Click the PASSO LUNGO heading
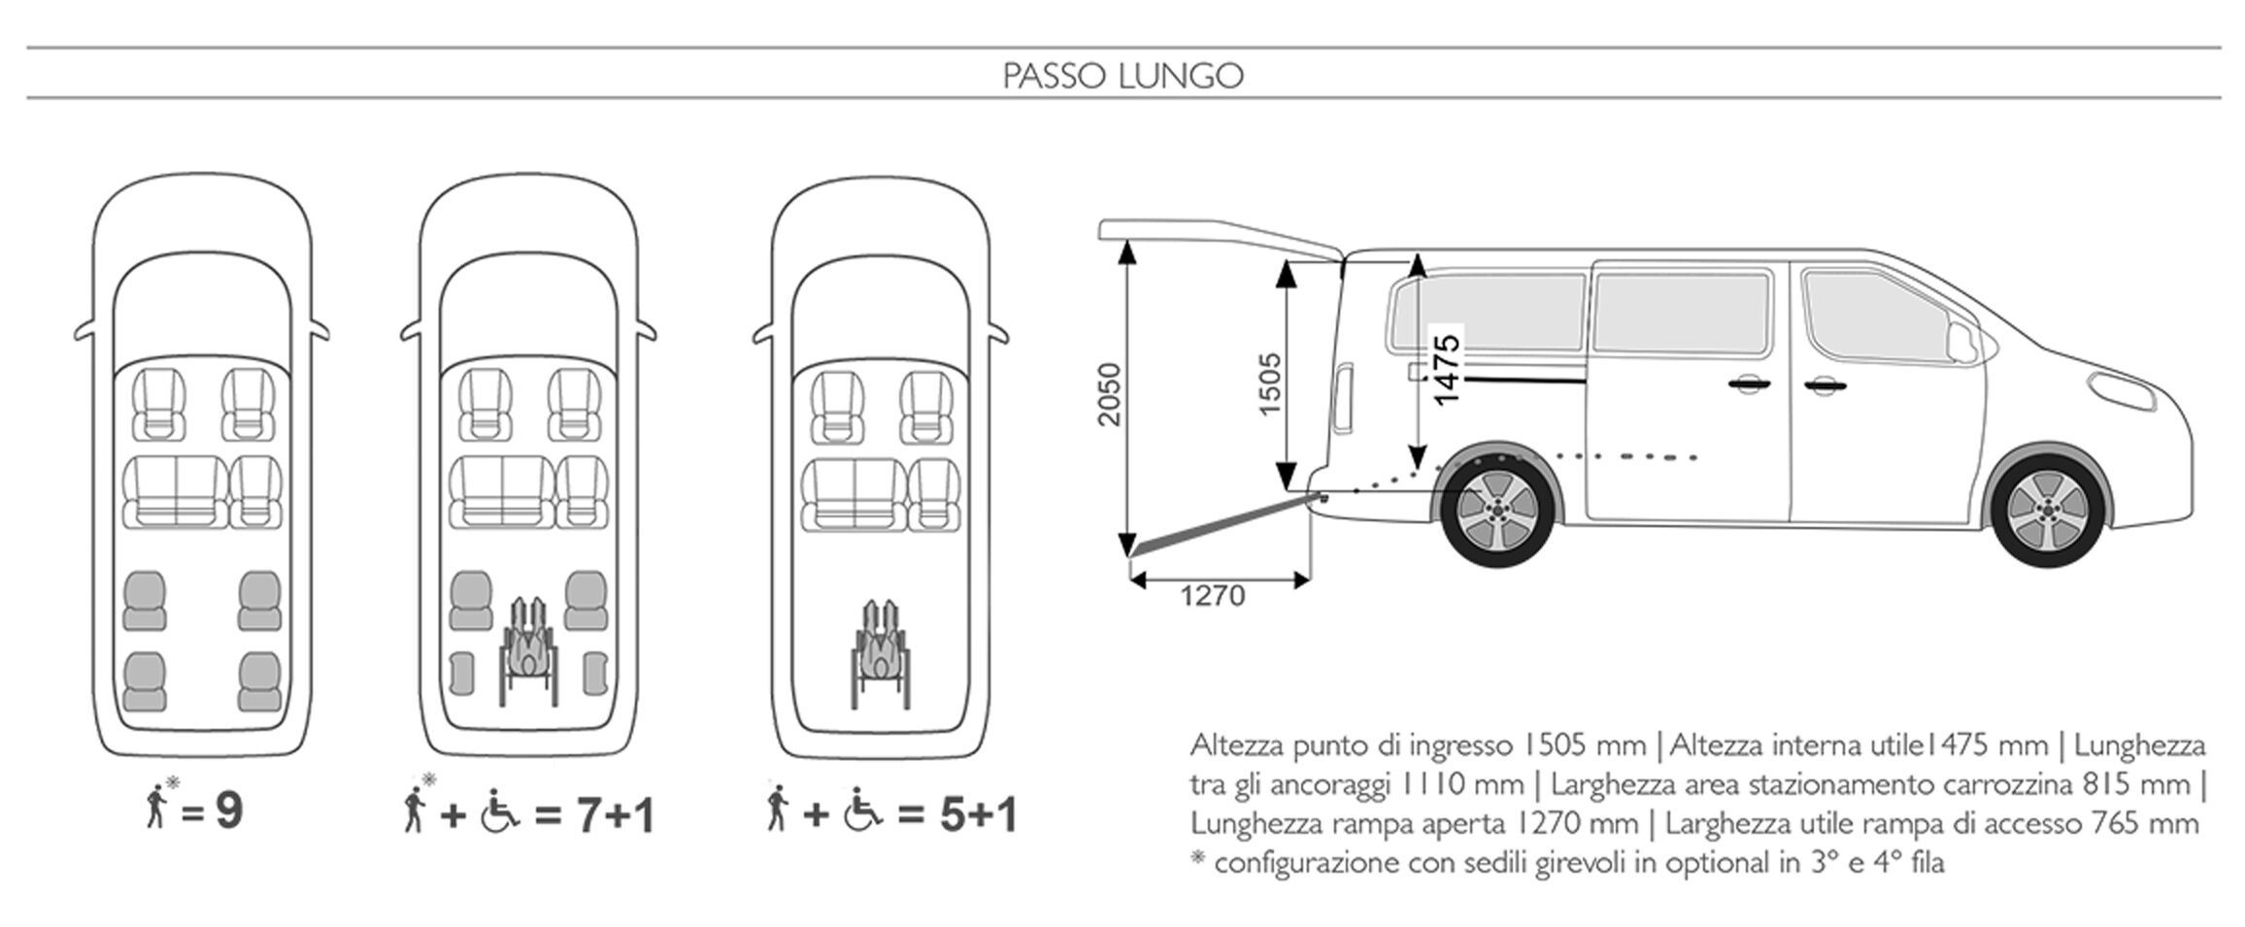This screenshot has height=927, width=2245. point(1122,76)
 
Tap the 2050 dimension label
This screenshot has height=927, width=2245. point(1109,394)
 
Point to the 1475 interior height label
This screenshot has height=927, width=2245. point(1446,370)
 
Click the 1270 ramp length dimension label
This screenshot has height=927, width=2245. point(1212,595)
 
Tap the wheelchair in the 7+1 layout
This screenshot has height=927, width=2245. point(529,648)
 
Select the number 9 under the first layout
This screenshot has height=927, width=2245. point(229,811)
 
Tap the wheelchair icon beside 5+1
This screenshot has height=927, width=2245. point(862,812)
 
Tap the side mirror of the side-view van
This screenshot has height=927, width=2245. point(1961,339)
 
